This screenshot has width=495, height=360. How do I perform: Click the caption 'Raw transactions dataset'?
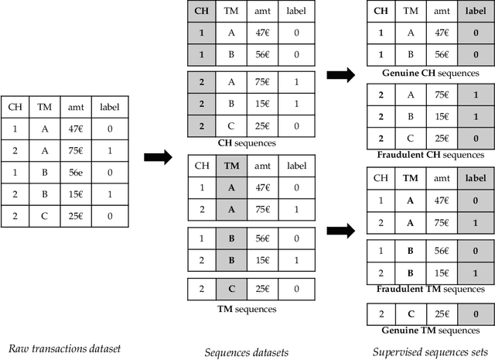pos(63,348)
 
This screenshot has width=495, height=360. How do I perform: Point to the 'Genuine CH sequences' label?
pos(430,73)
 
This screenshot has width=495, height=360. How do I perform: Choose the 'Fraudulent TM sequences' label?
pos(430,289)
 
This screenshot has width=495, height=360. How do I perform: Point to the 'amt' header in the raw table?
pos(75,107)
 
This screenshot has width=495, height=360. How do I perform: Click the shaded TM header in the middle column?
pos(231,166)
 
